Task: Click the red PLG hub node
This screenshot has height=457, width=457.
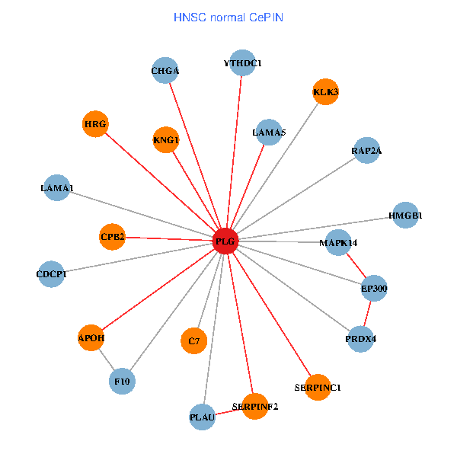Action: click(225, 241)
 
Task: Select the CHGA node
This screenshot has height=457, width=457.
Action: click(165, 72)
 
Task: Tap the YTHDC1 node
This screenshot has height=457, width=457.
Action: click(242, 63)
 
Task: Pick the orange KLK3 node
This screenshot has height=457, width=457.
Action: click(325, 92)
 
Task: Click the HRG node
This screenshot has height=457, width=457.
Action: click(95, 123)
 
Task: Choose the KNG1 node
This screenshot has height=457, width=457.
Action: click(165, 139)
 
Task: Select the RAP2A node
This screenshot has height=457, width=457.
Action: click(366, 151)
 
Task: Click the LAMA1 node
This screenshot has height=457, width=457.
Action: click(57, 187)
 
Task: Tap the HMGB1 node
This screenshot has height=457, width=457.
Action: click(404, 216)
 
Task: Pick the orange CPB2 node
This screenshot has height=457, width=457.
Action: click(112, 236)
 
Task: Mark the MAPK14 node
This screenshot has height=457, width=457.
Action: click(338, 243)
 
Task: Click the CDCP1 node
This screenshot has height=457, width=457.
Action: click(51, 273)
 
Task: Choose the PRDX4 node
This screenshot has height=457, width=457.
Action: click(360, 338)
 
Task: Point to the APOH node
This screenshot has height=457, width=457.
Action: click(91, 337)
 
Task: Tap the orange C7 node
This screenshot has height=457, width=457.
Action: click(193, 341)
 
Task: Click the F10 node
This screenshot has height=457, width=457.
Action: click(122, 380)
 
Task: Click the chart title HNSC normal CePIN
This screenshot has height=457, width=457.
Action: click(228, 17)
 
